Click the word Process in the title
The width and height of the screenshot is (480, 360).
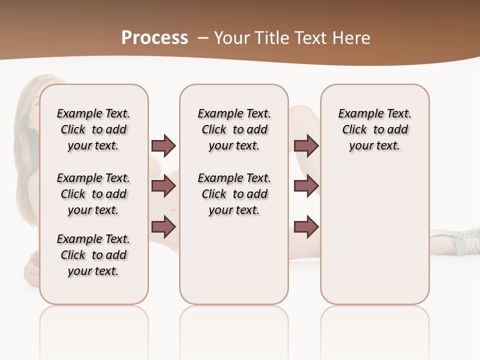tap(154, 38)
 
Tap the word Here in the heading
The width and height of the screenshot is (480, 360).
tap(352, 38)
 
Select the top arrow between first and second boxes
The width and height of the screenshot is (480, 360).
tap(163, 145)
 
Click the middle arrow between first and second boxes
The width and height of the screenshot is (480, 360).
tap(163, 186)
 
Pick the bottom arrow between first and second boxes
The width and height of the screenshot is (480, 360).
tap(163, 227)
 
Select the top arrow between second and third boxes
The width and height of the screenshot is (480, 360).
tap(306, 145)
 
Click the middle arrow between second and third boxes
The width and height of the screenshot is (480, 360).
tap(306, 186)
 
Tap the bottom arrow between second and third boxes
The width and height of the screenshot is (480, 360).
tap(306, 227)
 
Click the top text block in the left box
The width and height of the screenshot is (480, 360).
tap(93, 129)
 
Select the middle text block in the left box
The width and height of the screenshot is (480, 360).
tap(93, 194)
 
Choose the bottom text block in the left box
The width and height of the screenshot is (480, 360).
tap(93, 255)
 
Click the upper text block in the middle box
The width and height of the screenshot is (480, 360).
tap(234, 129)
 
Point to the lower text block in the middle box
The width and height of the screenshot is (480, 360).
tap(234, 194)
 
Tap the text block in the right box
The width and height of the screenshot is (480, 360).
tap(374, 129)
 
